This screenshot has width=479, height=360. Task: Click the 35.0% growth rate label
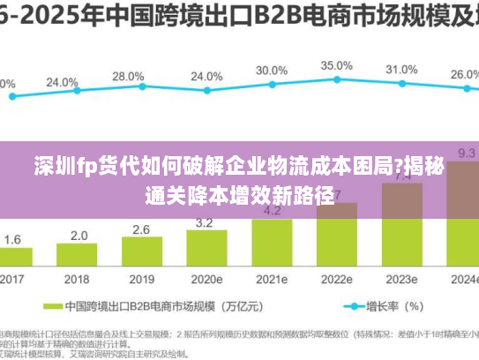(x=336, y=66)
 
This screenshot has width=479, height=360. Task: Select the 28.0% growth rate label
(x=128, y=77)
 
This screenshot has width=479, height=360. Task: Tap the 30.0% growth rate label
(x=271, y=71)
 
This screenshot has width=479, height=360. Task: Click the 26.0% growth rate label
(x=464, y=75)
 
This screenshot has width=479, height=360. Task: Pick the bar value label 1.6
(x=13, y=239)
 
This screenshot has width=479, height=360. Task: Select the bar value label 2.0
(x=79, y=236)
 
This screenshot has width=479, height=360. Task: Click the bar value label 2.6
(x=141, y=229)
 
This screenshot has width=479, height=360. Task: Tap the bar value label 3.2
(x=205, y=223)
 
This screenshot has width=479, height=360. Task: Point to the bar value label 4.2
(x=273, y=211)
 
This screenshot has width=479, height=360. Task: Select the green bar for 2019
(x=141, y=252)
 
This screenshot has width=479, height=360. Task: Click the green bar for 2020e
(x=206, y=249)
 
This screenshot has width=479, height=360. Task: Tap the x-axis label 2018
(x=79, y=280)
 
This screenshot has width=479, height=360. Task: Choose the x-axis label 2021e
(x=272, y=280)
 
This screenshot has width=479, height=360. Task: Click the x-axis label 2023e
(x=401, y=280)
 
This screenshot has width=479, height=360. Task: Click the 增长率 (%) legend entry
(x=393, y=308)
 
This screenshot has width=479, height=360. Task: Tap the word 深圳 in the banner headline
(x=60, y=165)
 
